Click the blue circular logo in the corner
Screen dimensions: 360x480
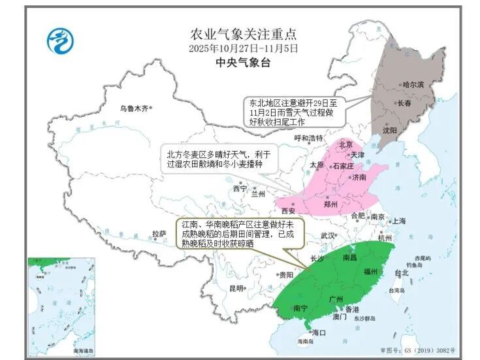pyautogui.click(x=59, y=41)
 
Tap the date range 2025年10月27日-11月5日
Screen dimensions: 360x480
pyautogui.click(x=242, y=48)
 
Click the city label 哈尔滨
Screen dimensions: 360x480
pyautogui.click(x=413, y=85)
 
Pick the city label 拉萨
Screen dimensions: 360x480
pyautogui.click(x=158, y=233)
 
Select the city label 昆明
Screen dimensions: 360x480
pyautogui.click(x=236, y=288)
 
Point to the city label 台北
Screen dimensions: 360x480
pyautogui.click(x=402, y=273)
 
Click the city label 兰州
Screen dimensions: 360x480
pyautogui.click(x=258, y=194)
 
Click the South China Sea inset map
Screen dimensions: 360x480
pyautogui.click(x=61, y=306)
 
